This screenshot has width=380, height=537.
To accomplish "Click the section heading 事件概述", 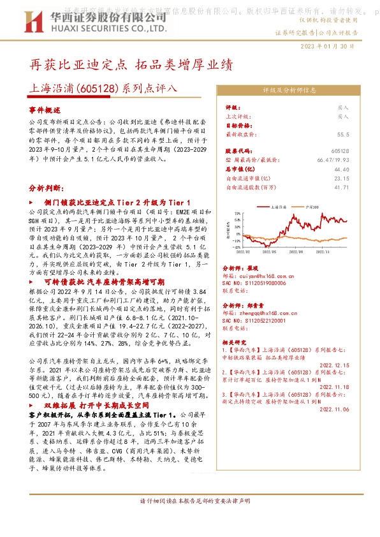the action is click(x=44, y=110).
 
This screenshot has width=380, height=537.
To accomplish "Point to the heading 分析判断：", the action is click(x=47, y=189).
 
